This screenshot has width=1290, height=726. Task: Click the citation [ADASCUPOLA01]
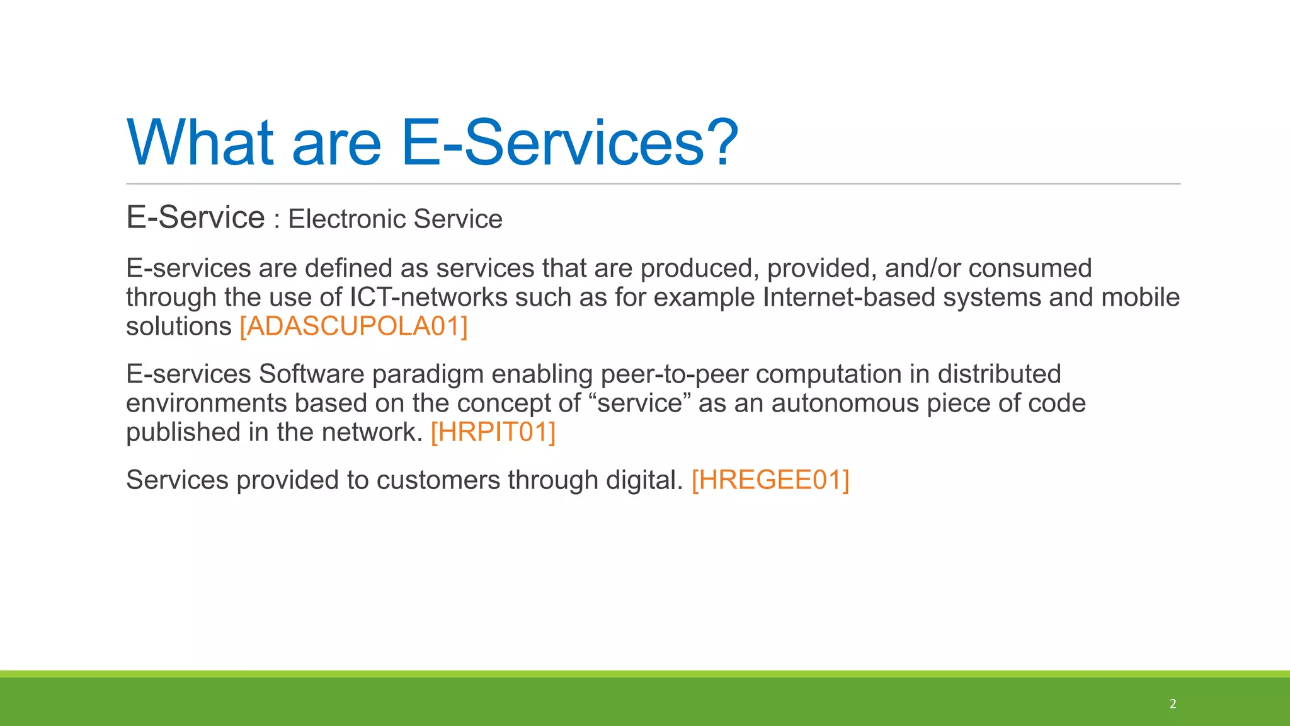pos(353,326)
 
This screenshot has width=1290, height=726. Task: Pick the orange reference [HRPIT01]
pos(493,432)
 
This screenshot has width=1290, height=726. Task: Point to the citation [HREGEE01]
pos(770,480)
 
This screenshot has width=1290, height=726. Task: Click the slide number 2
pos(1173,704)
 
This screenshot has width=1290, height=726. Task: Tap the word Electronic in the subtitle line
pos(347,219)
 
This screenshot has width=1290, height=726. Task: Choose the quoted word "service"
pos(639,403)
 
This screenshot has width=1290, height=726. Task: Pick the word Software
pos(311,374)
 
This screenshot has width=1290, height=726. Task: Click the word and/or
pos(923,268)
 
